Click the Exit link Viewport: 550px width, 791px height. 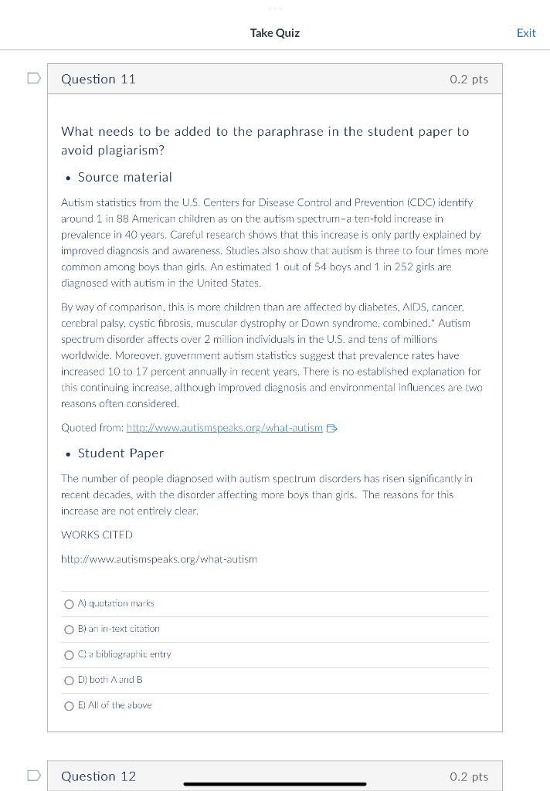(x=526, y=33)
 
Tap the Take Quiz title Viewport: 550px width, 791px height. (x=274, y=33)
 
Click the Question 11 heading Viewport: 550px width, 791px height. (x=98, y=80)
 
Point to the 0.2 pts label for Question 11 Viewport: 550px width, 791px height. (x=469, y=80)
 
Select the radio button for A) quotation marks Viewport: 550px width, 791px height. (x=70, y=604)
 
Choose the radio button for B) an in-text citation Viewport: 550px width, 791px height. (x=70, y=630)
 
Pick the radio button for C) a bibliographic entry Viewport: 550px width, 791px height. (x=70, y=655)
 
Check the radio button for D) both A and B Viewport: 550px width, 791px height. (x=70, y=681)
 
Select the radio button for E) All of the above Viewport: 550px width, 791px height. (x=70, y=706)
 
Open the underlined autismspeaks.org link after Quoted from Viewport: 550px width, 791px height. (x=224, y=428)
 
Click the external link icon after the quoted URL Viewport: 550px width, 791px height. (x=332, y=428)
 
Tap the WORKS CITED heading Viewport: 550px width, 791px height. (x=97, y=535)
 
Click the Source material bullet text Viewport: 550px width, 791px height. (x=124, y=178)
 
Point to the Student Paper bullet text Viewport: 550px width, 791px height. (x=121, y=453)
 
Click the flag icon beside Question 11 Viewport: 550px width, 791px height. (x=33, y=79)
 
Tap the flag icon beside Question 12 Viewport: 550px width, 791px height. (x=33, y=776)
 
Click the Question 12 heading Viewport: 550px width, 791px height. (x=98, y=776)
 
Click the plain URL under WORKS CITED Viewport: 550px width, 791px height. (x=158, y=558)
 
